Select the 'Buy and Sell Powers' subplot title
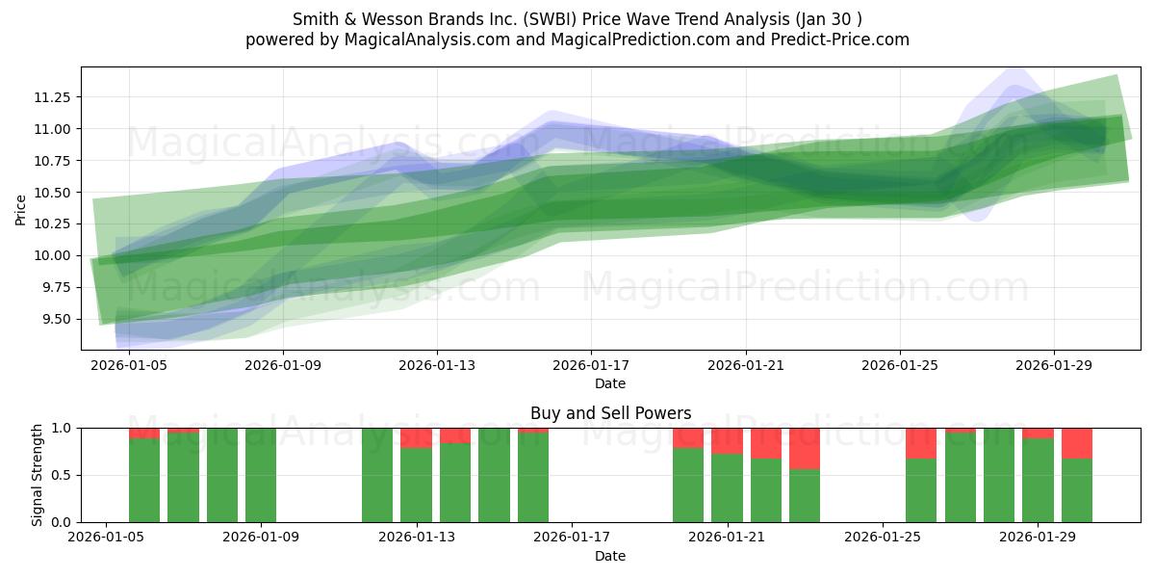(x=610, y=413)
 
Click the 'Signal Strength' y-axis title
(x=37, y=475)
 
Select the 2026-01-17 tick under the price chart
(x=590, y=365)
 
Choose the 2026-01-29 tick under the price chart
(x=1054, y=365)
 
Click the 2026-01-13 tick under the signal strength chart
(x=417, y=537)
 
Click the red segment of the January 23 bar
(x=805, y=448)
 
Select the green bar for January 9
(x=261, y=475)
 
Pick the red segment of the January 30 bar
(x=1077, y=442)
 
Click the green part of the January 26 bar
(x=921, y=490)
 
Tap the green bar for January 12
(x=377, y=475)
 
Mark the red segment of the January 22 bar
(x=766, y=442)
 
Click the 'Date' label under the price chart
(x=610, y=383)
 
